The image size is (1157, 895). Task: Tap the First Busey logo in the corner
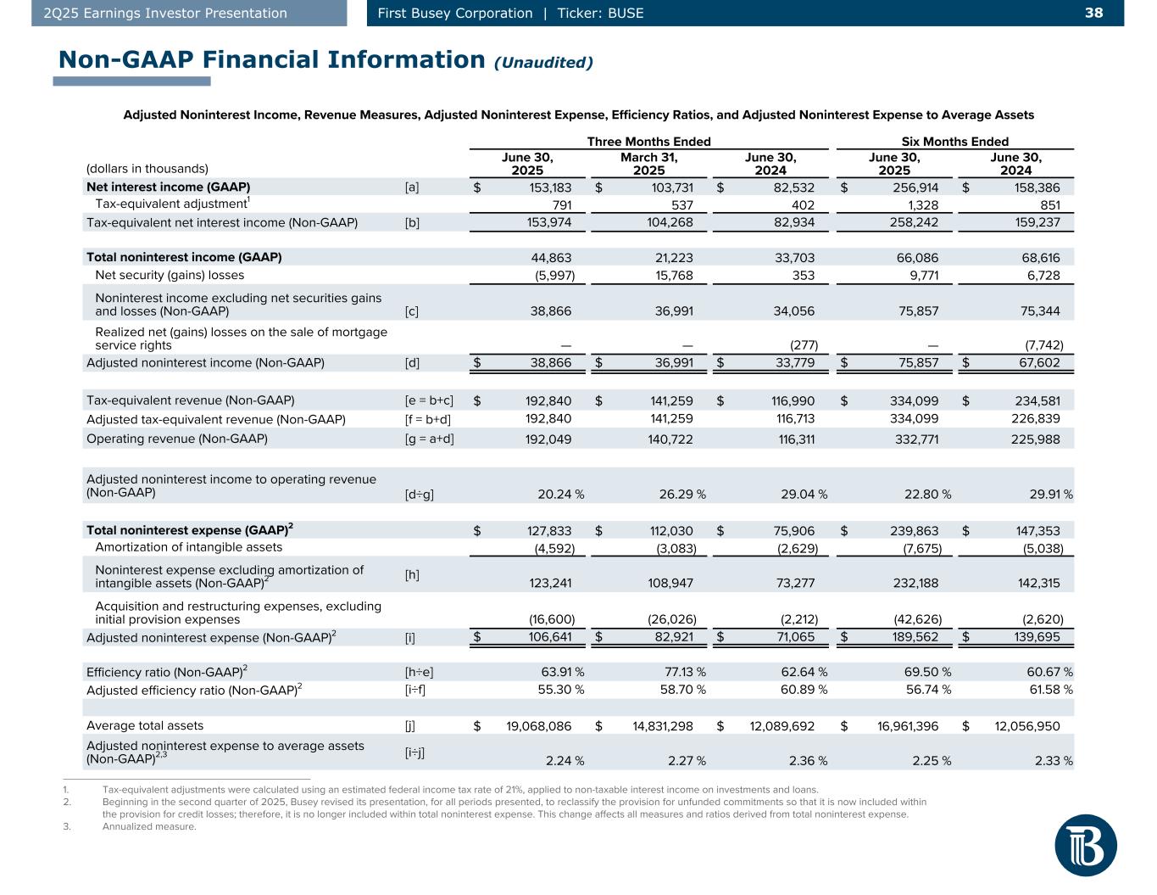1086,844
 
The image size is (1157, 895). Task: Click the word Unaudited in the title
543,62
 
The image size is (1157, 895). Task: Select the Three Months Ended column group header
648,142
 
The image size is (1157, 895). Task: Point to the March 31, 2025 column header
648,163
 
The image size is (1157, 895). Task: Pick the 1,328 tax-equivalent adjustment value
919,205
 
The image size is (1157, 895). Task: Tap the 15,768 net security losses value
673,275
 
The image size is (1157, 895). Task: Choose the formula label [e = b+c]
429,401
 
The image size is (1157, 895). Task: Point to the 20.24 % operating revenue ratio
560,494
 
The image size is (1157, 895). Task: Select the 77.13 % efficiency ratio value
682,672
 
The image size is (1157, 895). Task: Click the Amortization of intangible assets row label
189,547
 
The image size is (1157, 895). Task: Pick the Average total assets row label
145,726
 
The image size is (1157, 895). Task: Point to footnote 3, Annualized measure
148,827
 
